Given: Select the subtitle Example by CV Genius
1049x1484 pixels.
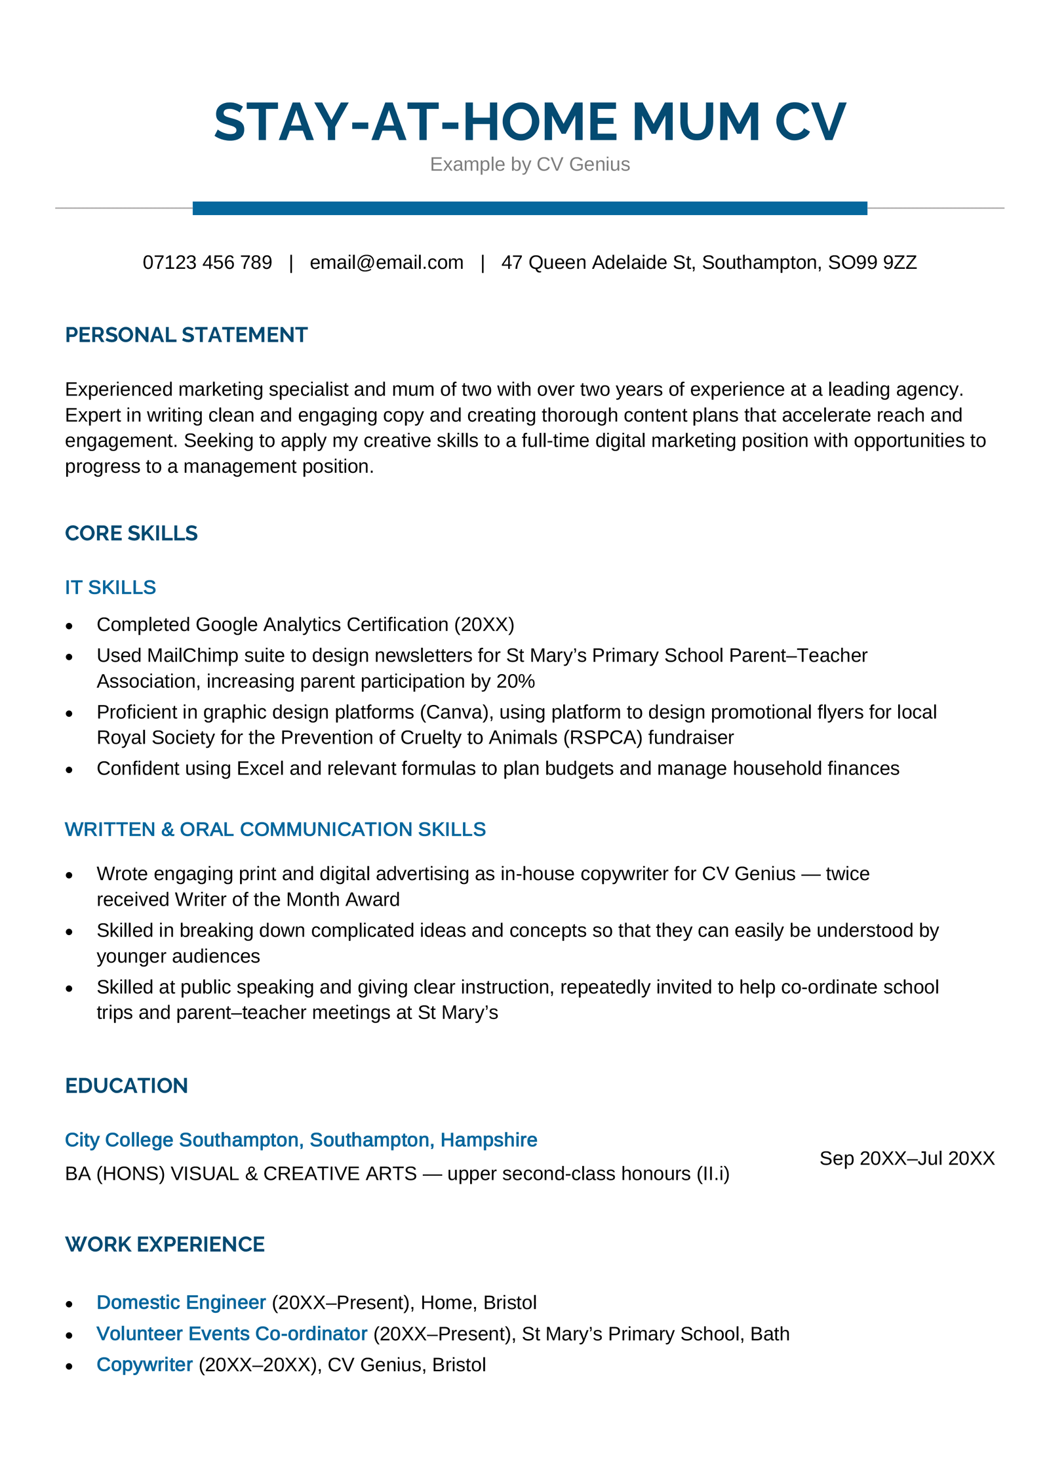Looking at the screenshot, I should (530, 164).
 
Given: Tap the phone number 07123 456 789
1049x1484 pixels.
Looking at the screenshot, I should (207, 262).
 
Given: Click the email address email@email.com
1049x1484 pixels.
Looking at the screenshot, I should (386, 262).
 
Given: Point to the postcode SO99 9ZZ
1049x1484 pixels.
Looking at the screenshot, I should (872, 262).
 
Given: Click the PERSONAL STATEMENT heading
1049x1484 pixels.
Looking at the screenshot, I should (186, 335).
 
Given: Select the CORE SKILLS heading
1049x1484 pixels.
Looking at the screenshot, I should (131, 533).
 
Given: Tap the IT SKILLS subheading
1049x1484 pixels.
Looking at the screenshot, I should (110, 588).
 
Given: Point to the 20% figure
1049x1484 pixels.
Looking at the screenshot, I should (515, 681).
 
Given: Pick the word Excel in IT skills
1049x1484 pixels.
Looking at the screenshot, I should (260, 769).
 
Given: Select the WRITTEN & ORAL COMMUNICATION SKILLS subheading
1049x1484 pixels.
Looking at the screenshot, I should (275, 830).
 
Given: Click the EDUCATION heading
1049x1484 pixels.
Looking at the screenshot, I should (127, 1086).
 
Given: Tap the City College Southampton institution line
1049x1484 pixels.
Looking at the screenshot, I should (301, 1140).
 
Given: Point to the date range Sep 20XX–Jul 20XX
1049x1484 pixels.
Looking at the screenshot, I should (907, 1159).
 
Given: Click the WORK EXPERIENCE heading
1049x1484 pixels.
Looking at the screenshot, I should (165, 1245).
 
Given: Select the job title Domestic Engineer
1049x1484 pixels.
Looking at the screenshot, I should (181, 1303).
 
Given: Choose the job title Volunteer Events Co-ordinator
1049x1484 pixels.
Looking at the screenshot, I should (231, 1334).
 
